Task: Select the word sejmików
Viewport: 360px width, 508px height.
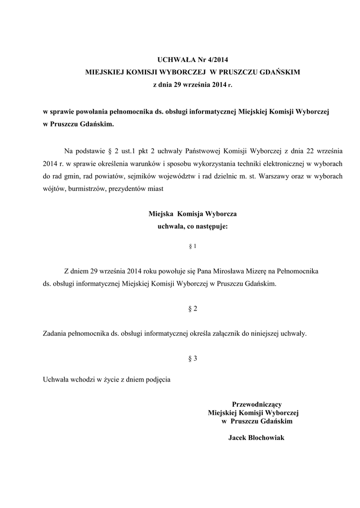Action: (143, 176)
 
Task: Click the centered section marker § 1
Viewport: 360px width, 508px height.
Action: (193, 246)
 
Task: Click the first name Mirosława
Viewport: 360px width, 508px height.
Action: (230, 272)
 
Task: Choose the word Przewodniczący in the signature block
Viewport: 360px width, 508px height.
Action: (257, 404)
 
